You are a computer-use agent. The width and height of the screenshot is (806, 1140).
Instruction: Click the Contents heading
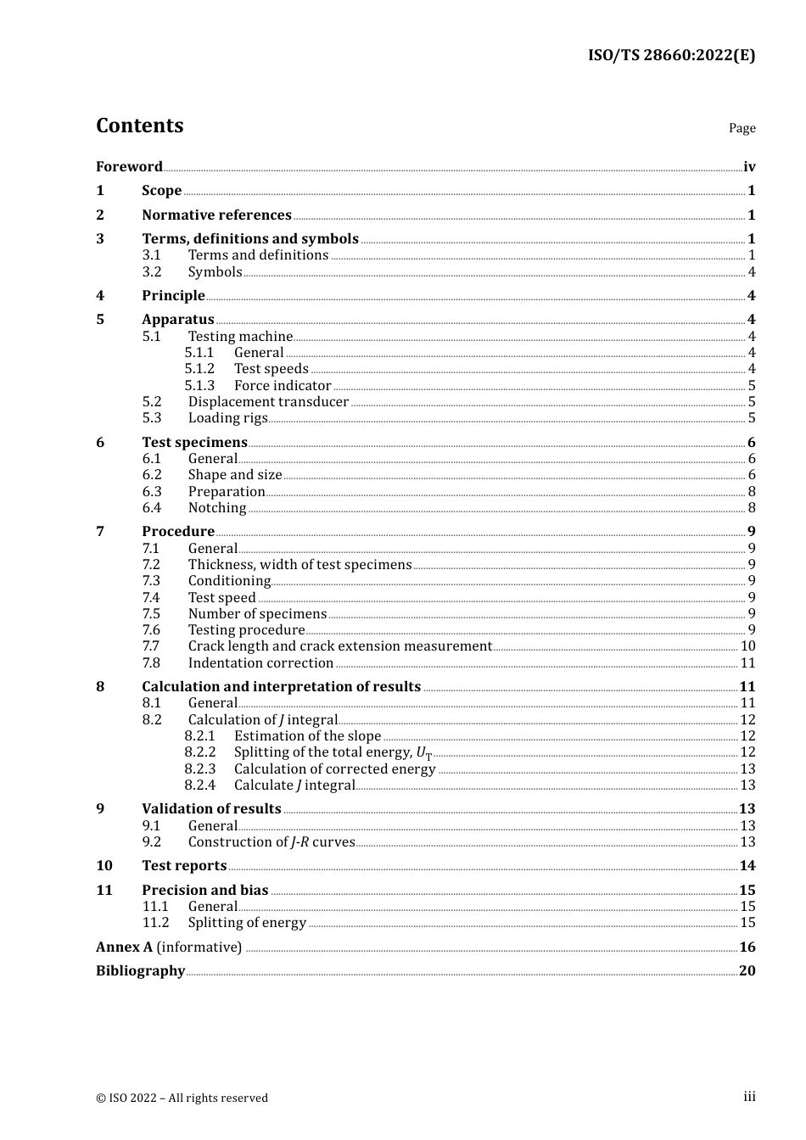pos(139,126)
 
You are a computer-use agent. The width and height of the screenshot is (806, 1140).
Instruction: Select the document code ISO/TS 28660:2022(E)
pos(671,56)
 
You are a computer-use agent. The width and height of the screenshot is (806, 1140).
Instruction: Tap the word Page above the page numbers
pos(742,128)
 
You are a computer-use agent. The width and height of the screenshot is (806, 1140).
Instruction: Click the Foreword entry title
pos(129,167)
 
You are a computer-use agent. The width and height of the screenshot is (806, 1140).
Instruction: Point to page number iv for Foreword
pos(749,167)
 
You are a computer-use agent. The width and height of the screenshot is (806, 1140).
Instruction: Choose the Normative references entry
pos(216,215)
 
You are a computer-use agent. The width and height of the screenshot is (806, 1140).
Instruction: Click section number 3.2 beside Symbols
pos(152,272)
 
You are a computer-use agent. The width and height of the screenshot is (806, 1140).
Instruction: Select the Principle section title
pos(173,296)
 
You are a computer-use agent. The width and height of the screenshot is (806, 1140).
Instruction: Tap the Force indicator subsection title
pos(283,386)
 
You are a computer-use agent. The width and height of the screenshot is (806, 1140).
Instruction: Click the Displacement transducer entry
pos(268,402)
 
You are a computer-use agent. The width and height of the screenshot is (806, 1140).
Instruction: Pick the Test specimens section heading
pos(194,443)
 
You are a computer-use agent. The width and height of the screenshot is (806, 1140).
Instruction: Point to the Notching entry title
pos(217,508)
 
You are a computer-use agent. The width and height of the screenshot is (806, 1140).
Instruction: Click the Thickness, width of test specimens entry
pos(299,565)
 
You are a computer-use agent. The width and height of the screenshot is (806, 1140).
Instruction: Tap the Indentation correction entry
pos(260,663)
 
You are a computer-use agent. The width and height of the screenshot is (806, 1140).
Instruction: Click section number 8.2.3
pos(200,769)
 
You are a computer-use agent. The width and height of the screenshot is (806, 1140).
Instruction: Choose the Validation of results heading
pos(211,809)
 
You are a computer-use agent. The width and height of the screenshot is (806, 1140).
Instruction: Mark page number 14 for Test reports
pos(747,866)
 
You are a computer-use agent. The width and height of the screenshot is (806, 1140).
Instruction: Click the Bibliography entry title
pos(140,971)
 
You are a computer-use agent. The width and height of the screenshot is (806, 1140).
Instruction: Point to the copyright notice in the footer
pos(182,1098)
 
